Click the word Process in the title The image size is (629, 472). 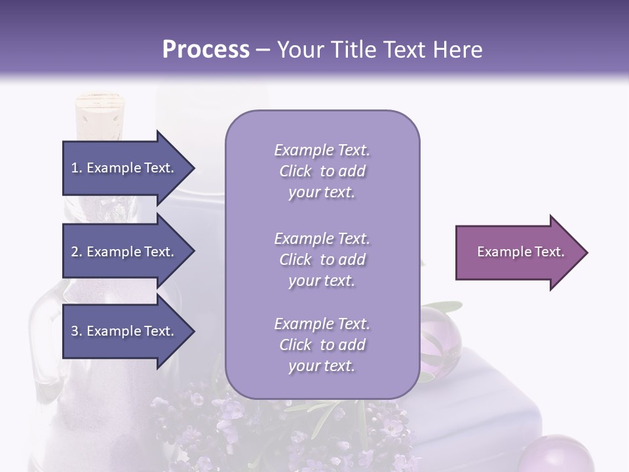[x=206, y=50]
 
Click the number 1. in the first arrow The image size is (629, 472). [x=77, y=168]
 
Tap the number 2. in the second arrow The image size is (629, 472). [x=77, y=252]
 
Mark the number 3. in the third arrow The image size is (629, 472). [x=77, y=331]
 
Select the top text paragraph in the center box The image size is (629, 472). [x=322, y=171]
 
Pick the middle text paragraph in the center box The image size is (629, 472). [x=322, y=260]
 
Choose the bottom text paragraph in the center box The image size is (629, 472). [x=322, y=345]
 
